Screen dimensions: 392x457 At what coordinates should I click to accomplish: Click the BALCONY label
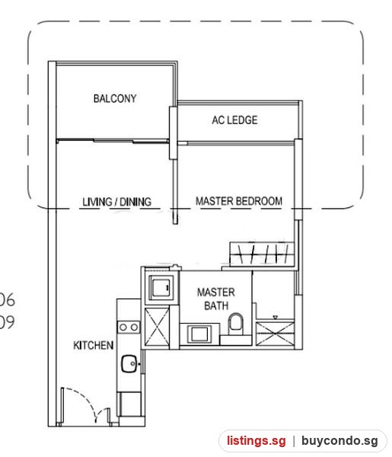[115, 98]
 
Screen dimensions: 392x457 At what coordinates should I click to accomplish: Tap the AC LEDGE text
[234, 120]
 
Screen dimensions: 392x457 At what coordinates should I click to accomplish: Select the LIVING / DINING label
[116, 202]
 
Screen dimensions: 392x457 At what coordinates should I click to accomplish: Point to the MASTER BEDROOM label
[239, 201]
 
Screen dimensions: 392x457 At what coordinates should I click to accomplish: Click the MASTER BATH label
[216, 299]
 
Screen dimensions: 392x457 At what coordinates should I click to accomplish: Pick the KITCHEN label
[93, 345]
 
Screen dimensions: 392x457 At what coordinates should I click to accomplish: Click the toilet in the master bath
[236, 324]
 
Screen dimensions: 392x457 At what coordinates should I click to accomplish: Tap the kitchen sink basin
[129, 364]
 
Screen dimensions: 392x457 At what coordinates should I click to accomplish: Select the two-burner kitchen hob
[129, 328]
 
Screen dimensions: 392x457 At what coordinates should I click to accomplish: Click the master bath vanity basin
[199, 334]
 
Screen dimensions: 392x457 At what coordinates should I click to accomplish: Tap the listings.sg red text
[257, 441]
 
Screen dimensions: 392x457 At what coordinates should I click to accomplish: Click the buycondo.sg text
[339, 441]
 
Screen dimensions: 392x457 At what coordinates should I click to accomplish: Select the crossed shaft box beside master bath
[157, 328]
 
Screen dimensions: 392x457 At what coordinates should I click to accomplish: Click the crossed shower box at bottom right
[275, 334]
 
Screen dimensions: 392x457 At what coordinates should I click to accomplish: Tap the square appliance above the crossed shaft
[160, 287]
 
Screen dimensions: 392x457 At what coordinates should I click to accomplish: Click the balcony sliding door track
[113, 141]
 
